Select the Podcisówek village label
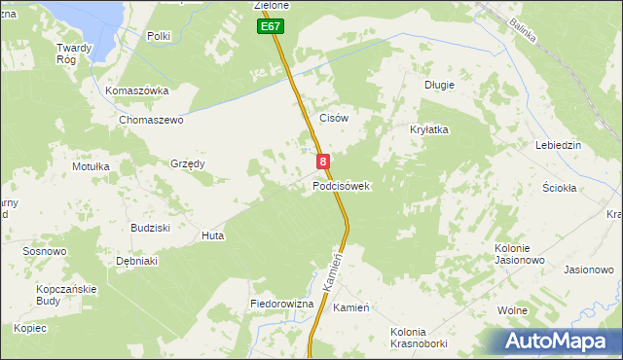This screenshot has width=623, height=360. [x=341, y=186]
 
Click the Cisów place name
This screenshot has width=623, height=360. [x=334, y=117]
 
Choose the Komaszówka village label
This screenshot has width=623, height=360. [x=137, y=90]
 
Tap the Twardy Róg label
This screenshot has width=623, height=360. [x=74, y=53]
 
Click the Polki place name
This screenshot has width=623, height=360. [x=159, y=36]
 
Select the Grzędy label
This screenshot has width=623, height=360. [x=188, y=163]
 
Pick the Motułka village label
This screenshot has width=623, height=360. [x=91, y=166]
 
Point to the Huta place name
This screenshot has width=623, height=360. [x=212, y=235]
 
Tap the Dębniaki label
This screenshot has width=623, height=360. [x=136, y=261]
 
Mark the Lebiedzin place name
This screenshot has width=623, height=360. [x=558, y=145]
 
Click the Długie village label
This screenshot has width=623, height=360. [x=439, y=85]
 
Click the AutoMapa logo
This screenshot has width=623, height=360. [x=562, y=341]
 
